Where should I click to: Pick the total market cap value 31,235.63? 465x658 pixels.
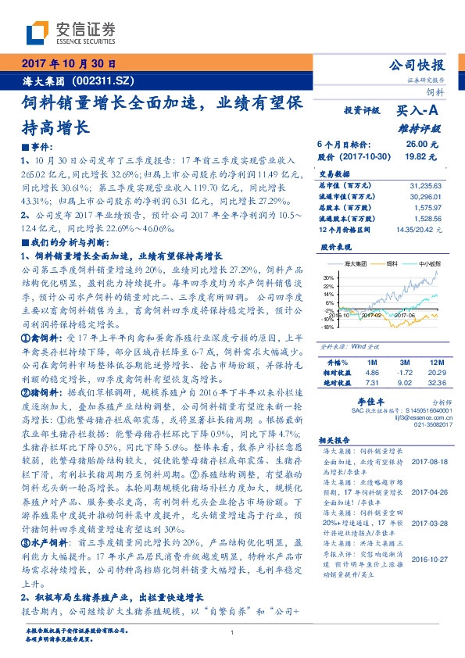pyautogui.click(x=426, y=184)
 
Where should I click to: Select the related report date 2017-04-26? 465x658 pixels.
pyautogui.click(x=426, y=492)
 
